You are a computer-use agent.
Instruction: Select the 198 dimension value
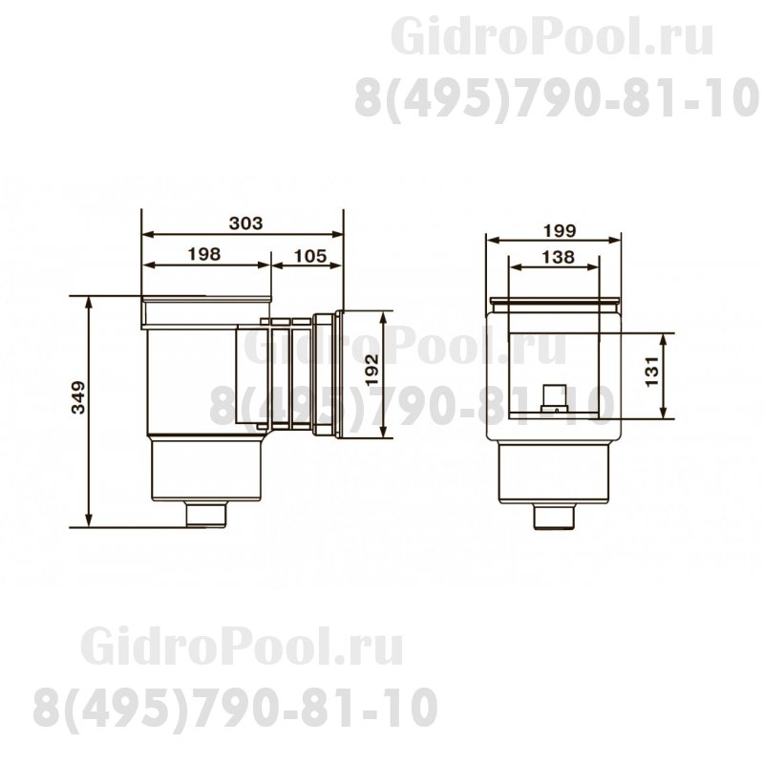[x=205, y=254]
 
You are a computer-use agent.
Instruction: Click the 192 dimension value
[x=373, y=371]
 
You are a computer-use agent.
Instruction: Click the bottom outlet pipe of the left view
[x=206, y=516]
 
